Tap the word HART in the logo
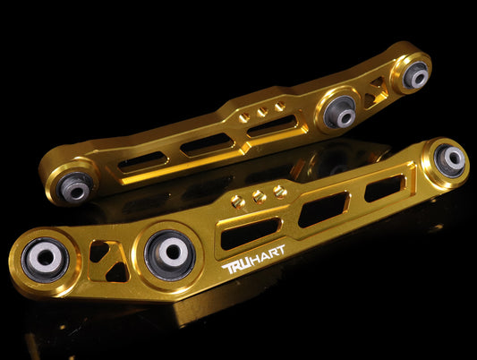[269, 254]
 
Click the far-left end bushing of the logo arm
[46, 260]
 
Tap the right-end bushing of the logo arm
[449, 160]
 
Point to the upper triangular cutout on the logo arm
[98, 251]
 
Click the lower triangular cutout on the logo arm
[117, 271]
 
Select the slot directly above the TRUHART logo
[250, 233]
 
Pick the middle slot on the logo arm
[323, 210]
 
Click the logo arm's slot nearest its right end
[385, 188]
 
